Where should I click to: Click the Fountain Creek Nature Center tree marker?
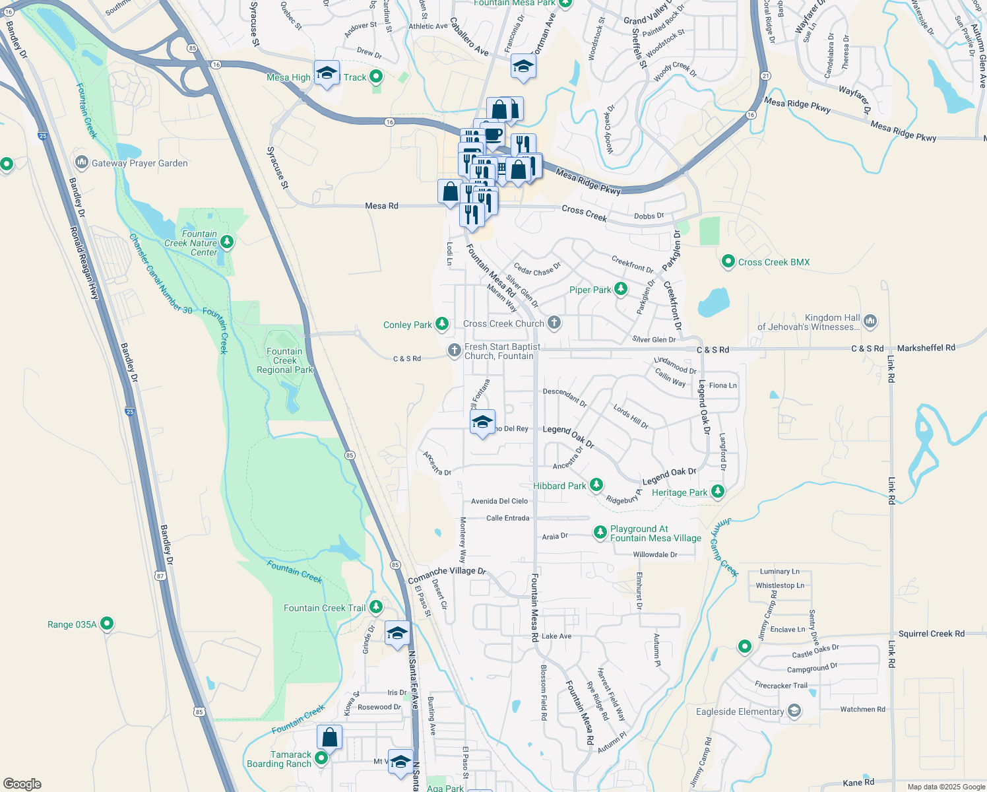[227, 243]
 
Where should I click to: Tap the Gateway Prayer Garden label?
[139, 163]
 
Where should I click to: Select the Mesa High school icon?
[327, 75]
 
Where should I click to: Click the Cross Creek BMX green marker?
[728, 262]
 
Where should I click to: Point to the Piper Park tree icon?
[620, 289]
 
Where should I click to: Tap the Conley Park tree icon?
[442, 324]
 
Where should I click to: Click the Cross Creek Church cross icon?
[554, 323]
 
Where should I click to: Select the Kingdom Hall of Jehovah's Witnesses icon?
[870, 321]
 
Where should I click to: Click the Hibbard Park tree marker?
[596, 485]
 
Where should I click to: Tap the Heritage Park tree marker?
[717, 492]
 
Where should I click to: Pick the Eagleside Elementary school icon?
[794, 711]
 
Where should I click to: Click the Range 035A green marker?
[107, 624]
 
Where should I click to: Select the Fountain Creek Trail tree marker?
[375, 607]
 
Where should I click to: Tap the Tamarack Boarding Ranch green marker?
[321, 758]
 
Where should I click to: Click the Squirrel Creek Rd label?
[931, 634]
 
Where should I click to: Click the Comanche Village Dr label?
[447, 575]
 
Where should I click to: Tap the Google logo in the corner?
[22, 783]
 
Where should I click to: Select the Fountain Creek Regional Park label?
[284, 361]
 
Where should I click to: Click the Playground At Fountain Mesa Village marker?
[600, 532]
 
